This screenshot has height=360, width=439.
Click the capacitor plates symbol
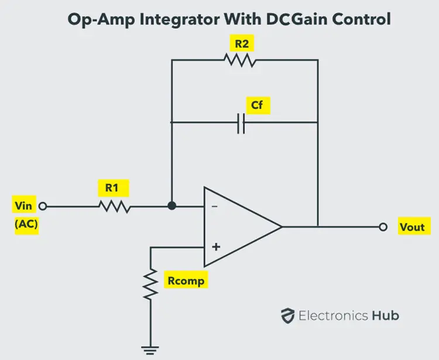(241, 122)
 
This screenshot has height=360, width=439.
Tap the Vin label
(25, 205)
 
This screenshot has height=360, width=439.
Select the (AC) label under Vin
(26, 225)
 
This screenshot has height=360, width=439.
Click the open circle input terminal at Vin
(42, 206)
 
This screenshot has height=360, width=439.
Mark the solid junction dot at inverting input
(171, 206)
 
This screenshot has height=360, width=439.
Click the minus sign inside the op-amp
(215, 207)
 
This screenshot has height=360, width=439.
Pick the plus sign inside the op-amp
(215, 246)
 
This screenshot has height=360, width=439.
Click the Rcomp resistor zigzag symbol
(151, 283)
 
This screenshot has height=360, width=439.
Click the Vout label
(411, 227)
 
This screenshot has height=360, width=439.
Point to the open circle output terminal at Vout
(383, 226)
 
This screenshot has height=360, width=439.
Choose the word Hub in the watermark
(386, 316)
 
